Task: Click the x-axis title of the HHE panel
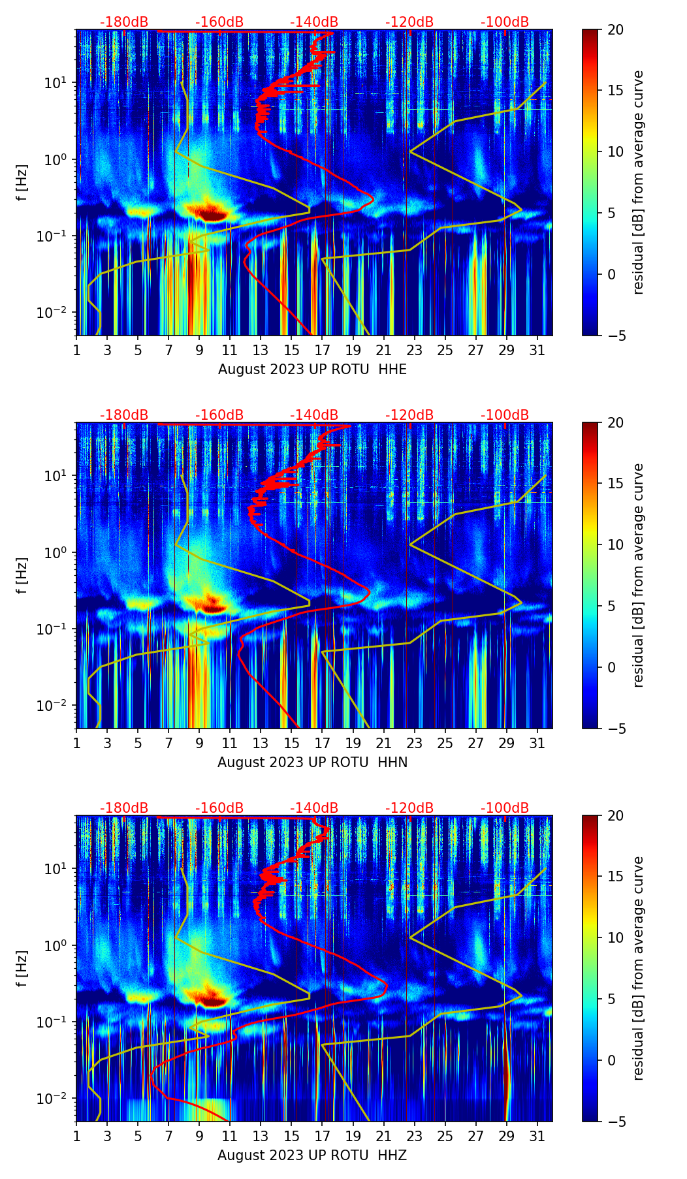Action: [312, 369]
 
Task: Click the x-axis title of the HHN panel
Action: [312, 762]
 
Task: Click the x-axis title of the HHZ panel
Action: [312, 1155]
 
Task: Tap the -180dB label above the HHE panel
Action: [124, 22]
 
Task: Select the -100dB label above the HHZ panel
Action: [505, 808]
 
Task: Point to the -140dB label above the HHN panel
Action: [314, 415]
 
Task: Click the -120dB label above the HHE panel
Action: [409, 22]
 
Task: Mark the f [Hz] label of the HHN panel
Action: [22, 575]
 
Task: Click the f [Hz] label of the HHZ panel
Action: [22, 968]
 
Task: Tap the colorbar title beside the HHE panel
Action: [638, 182]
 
